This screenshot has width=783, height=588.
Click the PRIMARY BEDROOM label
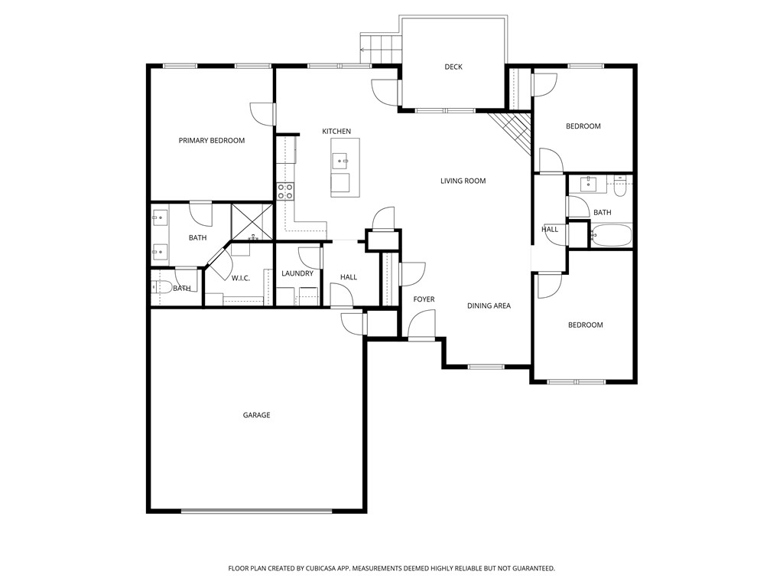(212, 140)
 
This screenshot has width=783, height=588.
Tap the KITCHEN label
(336, 132)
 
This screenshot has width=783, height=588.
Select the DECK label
(453, 67)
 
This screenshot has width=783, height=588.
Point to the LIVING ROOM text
(463, 181)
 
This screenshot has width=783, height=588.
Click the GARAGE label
(256, 415)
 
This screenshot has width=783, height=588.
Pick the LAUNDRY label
(297, 273)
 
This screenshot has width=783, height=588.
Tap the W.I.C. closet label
(241, 278)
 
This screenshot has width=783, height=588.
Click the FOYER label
(424, 299)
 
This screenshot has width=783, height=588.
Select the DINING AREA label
(489, 305)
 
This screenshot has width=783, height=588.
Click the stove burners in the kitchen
(285, 191)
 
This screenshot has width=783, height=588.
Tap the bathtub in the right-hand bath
(612, 235)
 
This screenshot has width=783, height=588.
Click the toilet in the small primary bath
(163, 288)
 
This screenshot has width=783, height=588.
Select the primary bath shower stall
(252, 221)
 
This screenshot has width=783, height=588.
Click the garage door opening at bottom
(256, 511)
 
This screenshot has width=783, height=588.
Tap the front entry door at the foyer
(421, 328)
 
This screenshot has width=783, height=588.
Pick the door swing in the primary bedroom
(262, 113)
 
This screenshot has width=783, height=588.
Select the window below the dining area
(486, 367)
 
